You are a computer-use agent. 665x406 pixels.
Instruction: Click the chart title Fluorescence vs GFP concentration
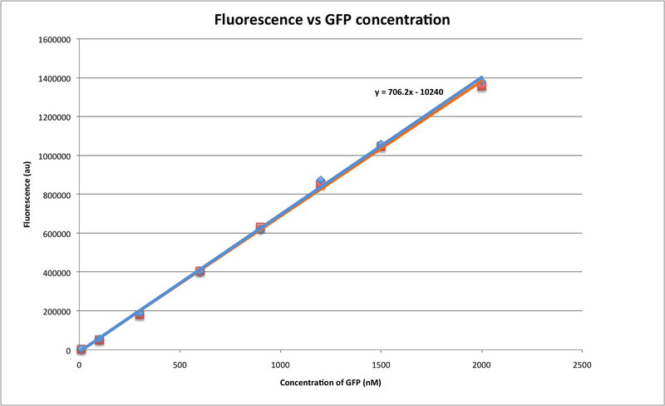[x=332, y=19]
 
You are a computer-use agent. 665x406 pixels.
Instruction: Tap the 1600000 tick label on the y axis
[x=53, y=39]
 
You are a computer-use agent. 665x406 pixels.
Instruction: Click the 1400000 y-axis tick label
[x=53, y=78]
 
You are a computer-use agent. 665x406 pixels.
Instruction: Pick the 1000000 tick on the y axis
[x=53, y=156]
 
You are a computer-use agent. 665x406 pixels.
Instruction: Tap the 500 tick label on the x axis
[x=180, y=364]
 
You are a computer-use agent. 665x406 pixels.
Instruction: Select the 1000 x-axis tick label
[x=280, y=364]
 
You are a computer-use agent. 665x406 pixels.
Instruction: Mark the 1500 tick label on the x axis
[x=381, y=364]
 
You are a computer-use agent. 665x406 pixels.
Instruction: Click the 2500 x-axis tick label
[x=582, y=364]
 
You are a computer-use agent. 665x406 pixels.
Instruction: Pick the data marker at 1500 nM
[x=381, y=146]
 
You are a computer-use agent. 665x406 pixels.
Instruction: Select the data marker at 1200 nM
[x=321, y=182]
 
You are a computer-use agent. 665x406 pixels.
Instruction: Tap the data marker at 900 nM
[x=260, y=228]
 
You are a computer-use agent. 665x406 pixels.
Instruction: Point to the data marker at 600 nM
[x=199, y=271]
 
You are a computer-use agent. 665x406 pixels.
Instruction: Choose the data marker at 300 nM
[x=140, y=314]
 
